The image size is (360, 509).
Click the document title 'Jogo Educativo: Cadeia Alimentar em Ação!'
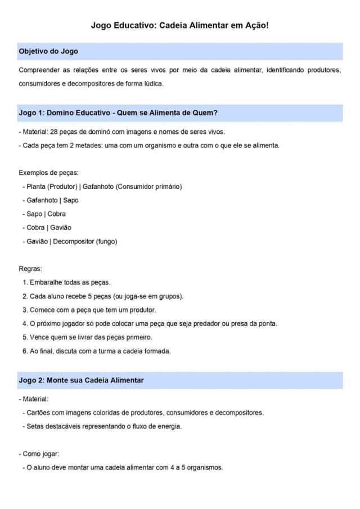(180, 26)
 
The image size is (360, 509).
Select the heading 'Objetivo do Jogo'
(48, 51)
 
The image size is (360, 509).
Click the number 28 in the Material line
(54, 132)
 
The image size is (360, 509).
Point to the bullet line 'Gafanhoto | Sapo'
(52, 200)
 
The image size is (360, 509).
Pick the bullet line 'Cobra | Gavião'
(49, 227)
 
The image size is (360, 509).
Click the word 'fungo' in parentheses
(105, 241)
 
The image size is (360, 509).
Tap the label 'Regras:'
(30, 269)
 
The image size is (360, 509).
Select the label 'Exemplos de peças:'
(48, 173)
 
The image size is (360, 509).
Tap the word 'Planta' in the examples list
(35, 186)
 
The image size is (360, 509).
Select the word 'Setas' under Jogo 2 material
(35, 426)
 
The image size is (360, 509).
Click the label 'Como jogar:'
(40, 454)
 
